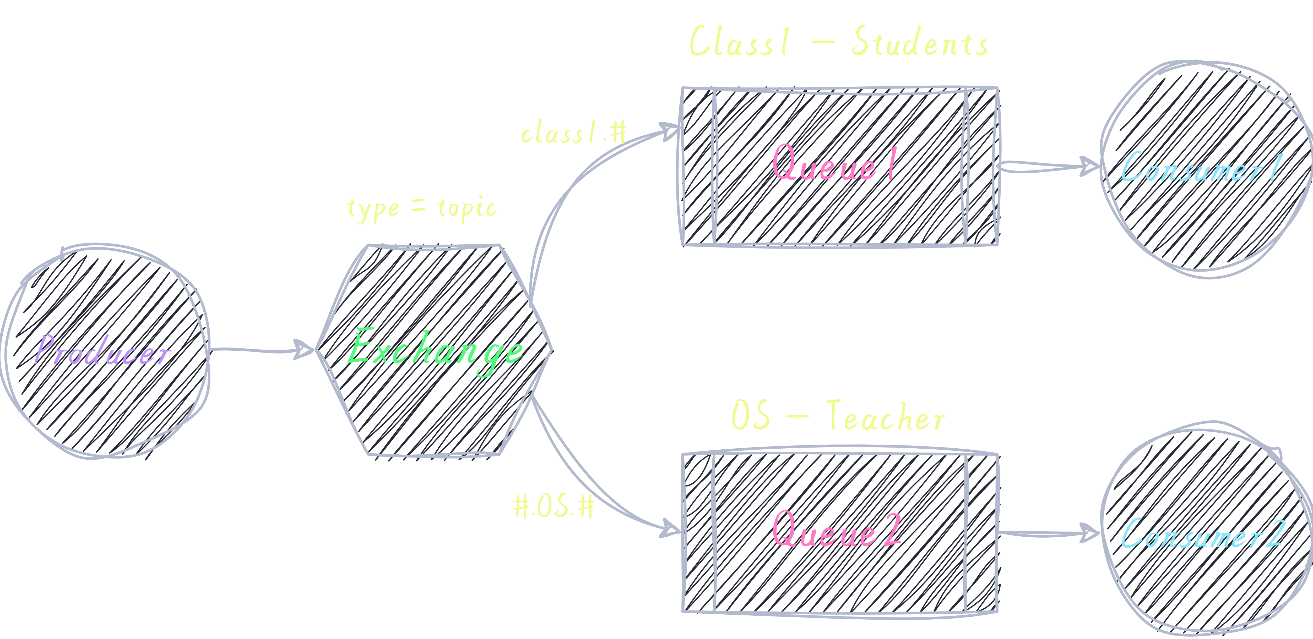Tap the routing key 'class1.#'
tap(573, 132)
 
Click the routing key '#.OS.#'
tap(553, 506)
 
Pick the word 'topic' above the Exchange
tap(467, 209)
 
